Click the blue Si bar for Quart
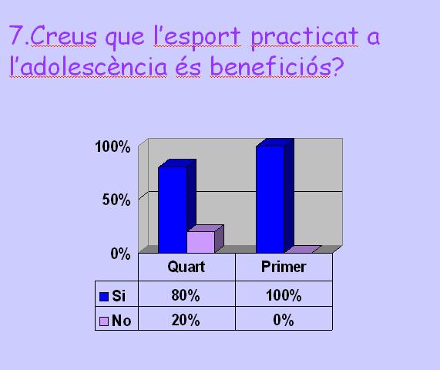click(x=177, y=207)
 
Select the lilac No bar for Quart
click(x=205, y=239)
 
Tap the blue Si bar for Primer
click(x=275, y=196)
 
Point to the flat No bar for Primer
click(x=303, y=249)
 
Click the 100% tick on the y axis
click(x=113, y=146)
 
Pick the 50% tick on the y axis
click(x=116, y=200)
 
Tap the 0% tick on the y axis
click(x=120, y=254)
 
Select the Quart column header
click(x=186, y=267)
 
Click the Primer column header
click(x=284, y=267)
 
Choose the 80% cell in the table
click(x=186, y=295)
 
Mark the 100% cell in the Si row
click(x=284, y=295)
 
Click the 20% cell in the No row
click(x=186, y=320)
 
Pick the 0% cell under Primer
click(x=284, y=320)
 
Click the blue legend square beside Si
click(x=104, y=297)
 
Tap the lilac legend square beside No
click(x=104, y=321)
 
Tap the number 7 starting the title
click(x=15, y=35)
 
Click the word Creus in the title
click(x=63, y=35)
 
